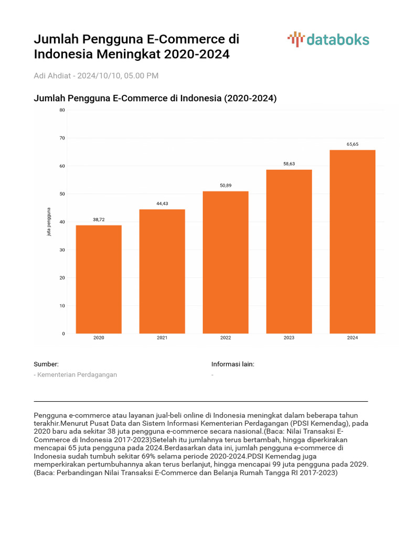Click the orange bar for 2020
click(x=99, y=279)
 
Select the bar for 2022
click(x=226, y=262)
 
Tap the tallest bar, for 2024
click(x=352, y=241)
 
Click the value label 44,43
click(x=162, y=203)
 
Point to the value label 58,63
click(x=289, y=164)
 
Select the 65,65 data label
click(x=352, y=144)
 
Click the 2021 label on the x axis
click(x=162, y=338)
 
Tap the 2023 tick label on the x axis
click(x=289, y=338)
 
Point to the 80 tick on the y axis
click(x=62, y=110)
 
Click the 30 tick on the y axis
click(x=62, y=250)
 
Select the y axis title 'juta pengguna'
click(x=49, y=222)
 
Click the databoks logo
click(x=328, y=40)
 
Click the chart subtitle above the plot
click(x=155, y=98)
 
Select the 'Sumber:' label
click(x=46, y=364)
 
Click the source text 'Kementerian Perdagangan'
click(x=77, y=374)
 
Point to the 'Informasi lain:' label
click(x=232, y=364)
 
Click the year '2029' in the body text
click(x=358, y=465)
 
